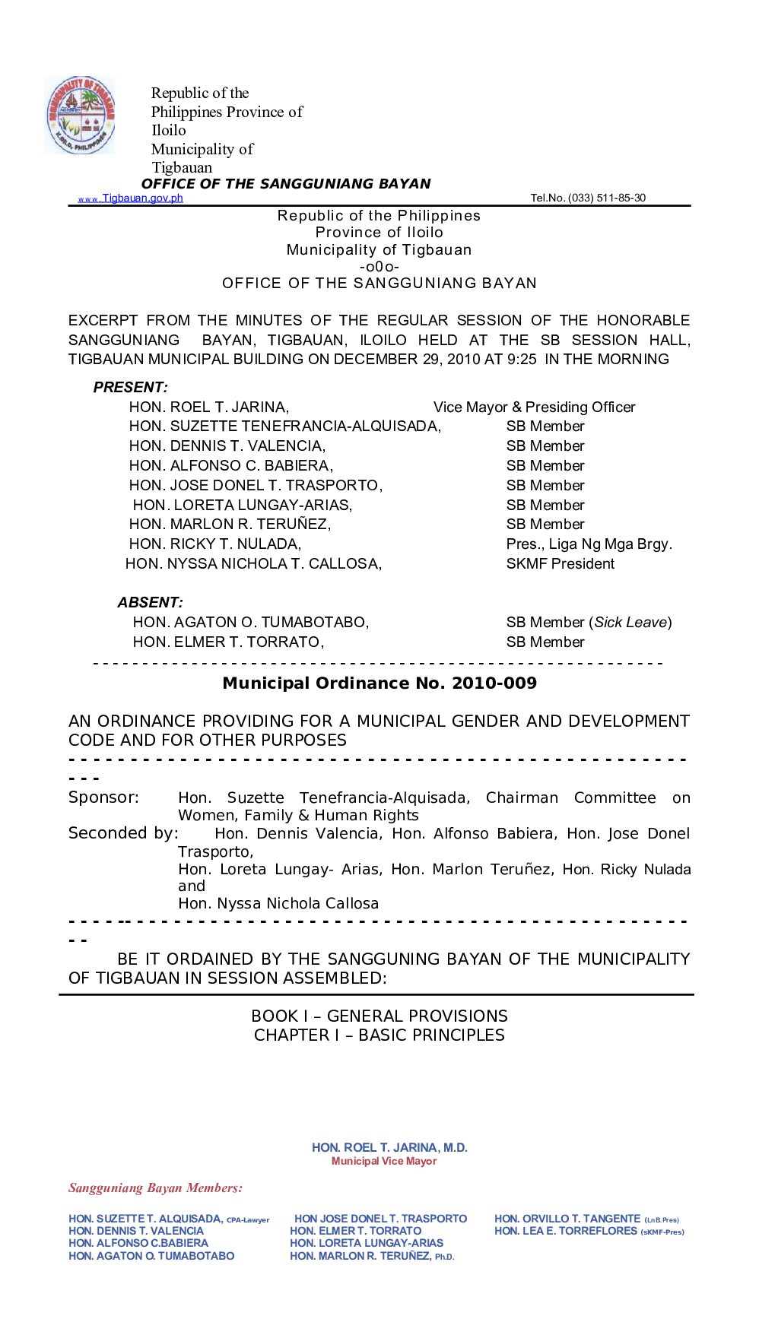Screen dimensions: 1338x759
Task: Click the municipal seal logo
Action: click(x=80, y=116)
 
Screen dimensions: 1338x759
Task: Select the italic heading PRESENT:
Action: click(x=131, y=388)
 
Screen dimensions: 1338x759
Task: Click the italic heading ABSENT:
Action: click(x=150, y=603)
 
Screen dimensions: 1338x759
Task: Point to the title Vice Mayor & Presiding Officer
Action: click(x=534, y=407)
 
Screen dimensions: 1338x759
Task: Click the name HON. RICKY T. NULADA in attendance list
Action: click(x=215, y=544)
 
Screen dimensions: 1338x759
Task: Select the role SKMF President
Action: click(x=560, y=564)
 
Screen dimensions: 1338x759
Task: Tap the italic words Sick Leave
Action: click(x=630, y=623)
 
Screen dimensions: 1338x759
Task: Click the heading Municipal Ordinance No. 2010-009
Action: click(x=379, y=683)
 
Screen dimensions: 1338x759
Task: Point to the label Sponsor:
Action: click(x=103, y=797)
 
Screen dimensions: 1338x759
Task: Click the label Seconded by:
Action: click(x=123, y=833)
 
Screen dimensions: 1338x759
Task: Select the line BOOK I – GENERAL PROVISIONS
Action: click(x=379, y=1016)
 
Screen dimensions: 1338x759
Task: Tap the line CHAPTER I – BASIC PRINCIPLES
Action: click(x=379, y=1035)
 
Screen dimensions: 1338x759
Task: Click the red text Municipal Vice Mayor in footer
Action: click(x=384, y=1162)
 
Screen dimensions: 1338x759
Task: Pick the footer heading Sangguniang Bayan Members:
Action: click(x=156, y=1188)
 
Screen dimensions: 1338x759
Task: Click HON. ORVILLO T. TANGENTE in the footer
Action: click(x=567, y=1219)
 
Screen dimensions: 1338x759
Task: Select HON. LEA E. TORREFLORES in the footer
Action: click(x=565, y=1231)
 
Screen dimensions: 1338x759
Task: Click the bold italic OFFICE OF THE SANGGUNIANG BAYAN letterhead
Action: click(x=286, y=184)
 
